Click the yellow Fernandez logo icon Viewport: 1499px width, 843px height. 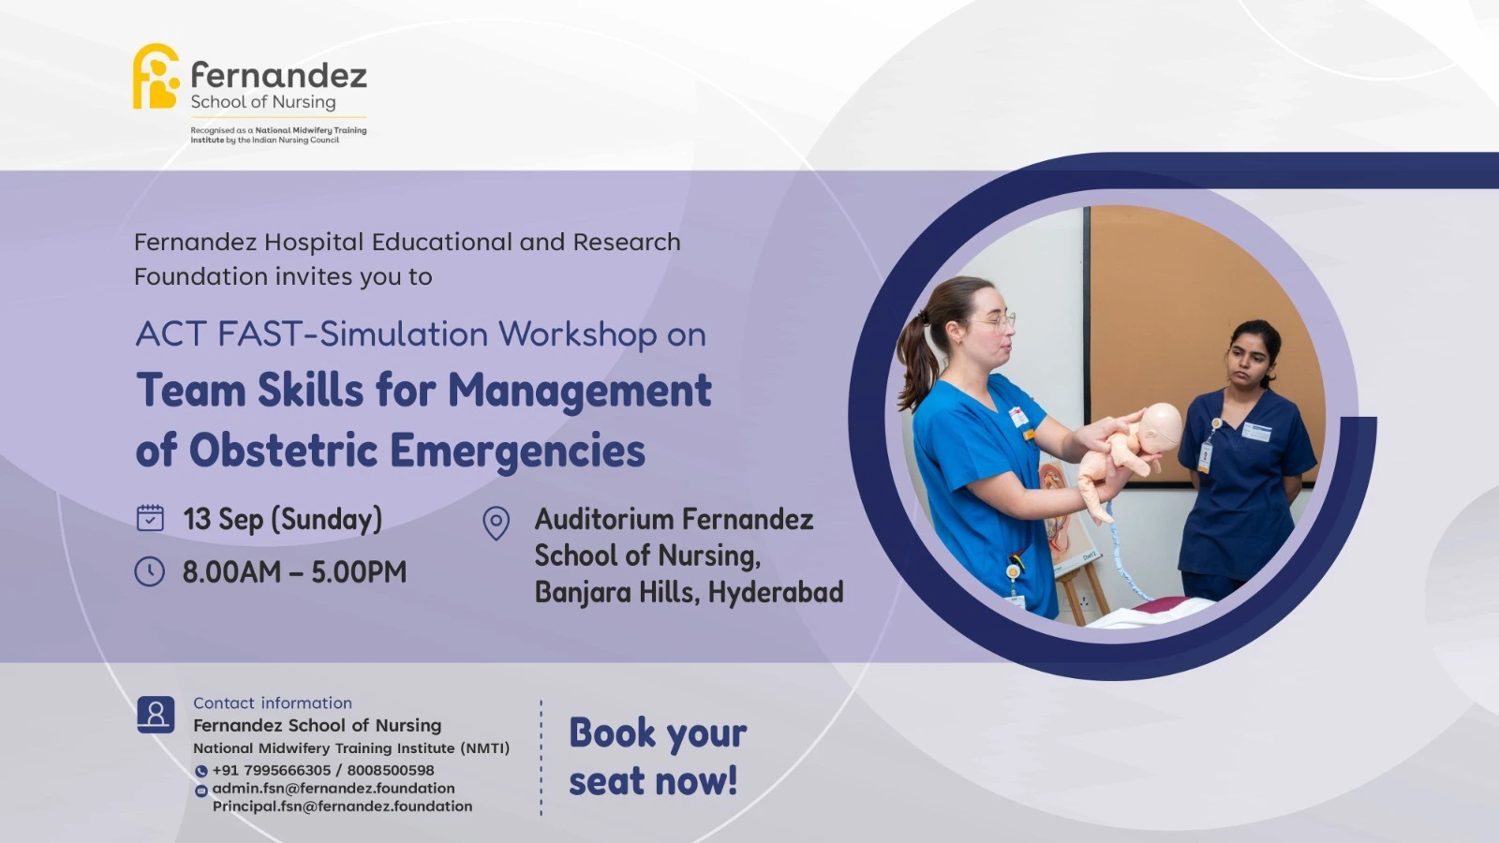coord(156,76)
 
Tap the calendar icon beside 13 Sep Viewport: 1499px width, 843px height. coord(150,519)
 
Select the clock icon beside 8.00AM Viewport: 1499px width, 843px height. coord(149,572)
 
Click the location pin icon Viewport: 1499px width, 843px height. coord(496,524)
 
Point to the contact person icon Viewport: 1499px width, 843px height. coord(156,714)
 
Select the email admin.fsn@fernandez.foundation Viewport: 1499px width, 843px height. coord(334,788)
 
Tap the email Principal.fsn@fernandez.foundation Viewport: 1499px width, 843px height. coord(342,806)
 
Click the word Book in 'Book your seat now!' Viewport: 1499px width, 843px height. coord(613,732)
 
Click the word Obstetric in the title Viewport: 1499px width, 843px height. coord(283,450)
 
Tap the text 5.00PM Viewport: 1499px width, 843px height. coord(359,572)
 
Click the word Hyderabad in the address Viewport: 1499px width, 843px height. coord(776,593)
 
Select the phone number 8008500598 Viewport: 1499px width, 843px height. coord(390,770)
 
